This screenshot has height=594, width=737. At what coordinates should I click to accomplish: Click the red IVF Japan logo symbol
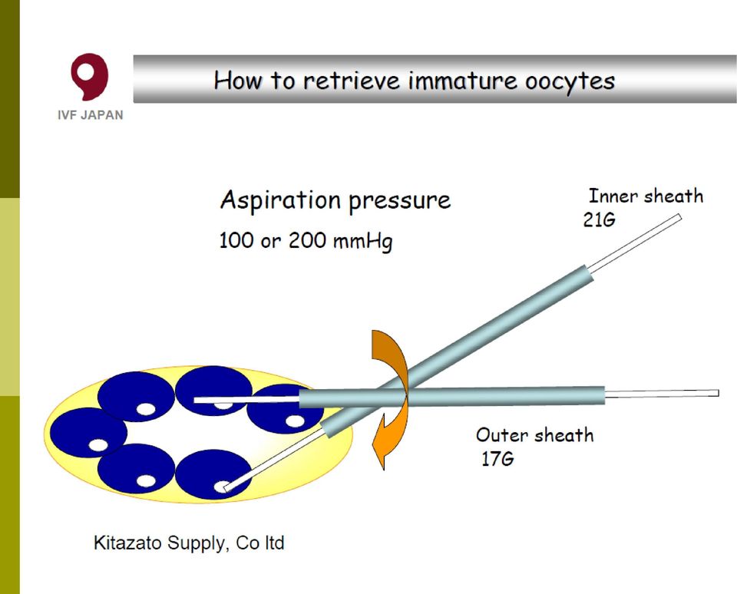89,76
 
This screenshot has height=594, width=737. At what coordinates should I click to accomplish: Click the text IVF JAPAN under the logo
91,115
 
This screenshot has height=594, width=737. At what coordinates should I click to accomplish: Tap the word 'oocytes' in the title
570,81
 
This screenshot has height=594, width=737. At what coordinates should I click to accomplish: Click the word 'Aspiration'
281,200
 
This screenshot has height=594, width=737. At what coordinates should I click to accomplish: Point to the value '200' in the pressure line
307,241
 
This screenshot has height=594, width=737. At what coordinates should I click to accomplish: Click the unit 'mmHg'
362,242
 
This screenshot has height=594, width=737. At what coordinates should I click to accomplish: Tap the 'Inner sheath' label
646,196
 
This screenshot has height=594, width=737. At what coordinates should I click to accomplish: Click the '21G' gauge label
599,220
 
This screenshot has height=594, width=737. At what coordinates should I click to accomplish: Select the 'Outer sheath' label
535,434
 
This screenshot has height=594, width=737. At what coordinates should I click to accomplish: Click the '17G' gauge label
497,459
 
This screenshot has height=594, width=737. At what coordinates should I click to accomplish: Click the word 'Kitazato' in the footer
128,543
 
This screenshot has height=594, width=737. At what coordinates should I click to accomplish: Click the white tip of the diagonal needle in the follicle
226,489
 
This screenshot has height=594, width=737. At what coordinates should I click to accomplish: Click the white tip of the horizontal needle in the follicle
196,400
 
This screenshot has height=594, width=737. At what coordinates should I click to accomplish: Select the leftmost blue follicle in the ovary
88,432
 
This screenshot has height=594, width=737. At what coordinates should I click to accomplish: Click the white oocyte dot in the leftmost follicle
98,445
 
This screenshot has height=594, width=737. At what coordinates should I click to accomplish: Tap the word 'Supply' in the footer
198,543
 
